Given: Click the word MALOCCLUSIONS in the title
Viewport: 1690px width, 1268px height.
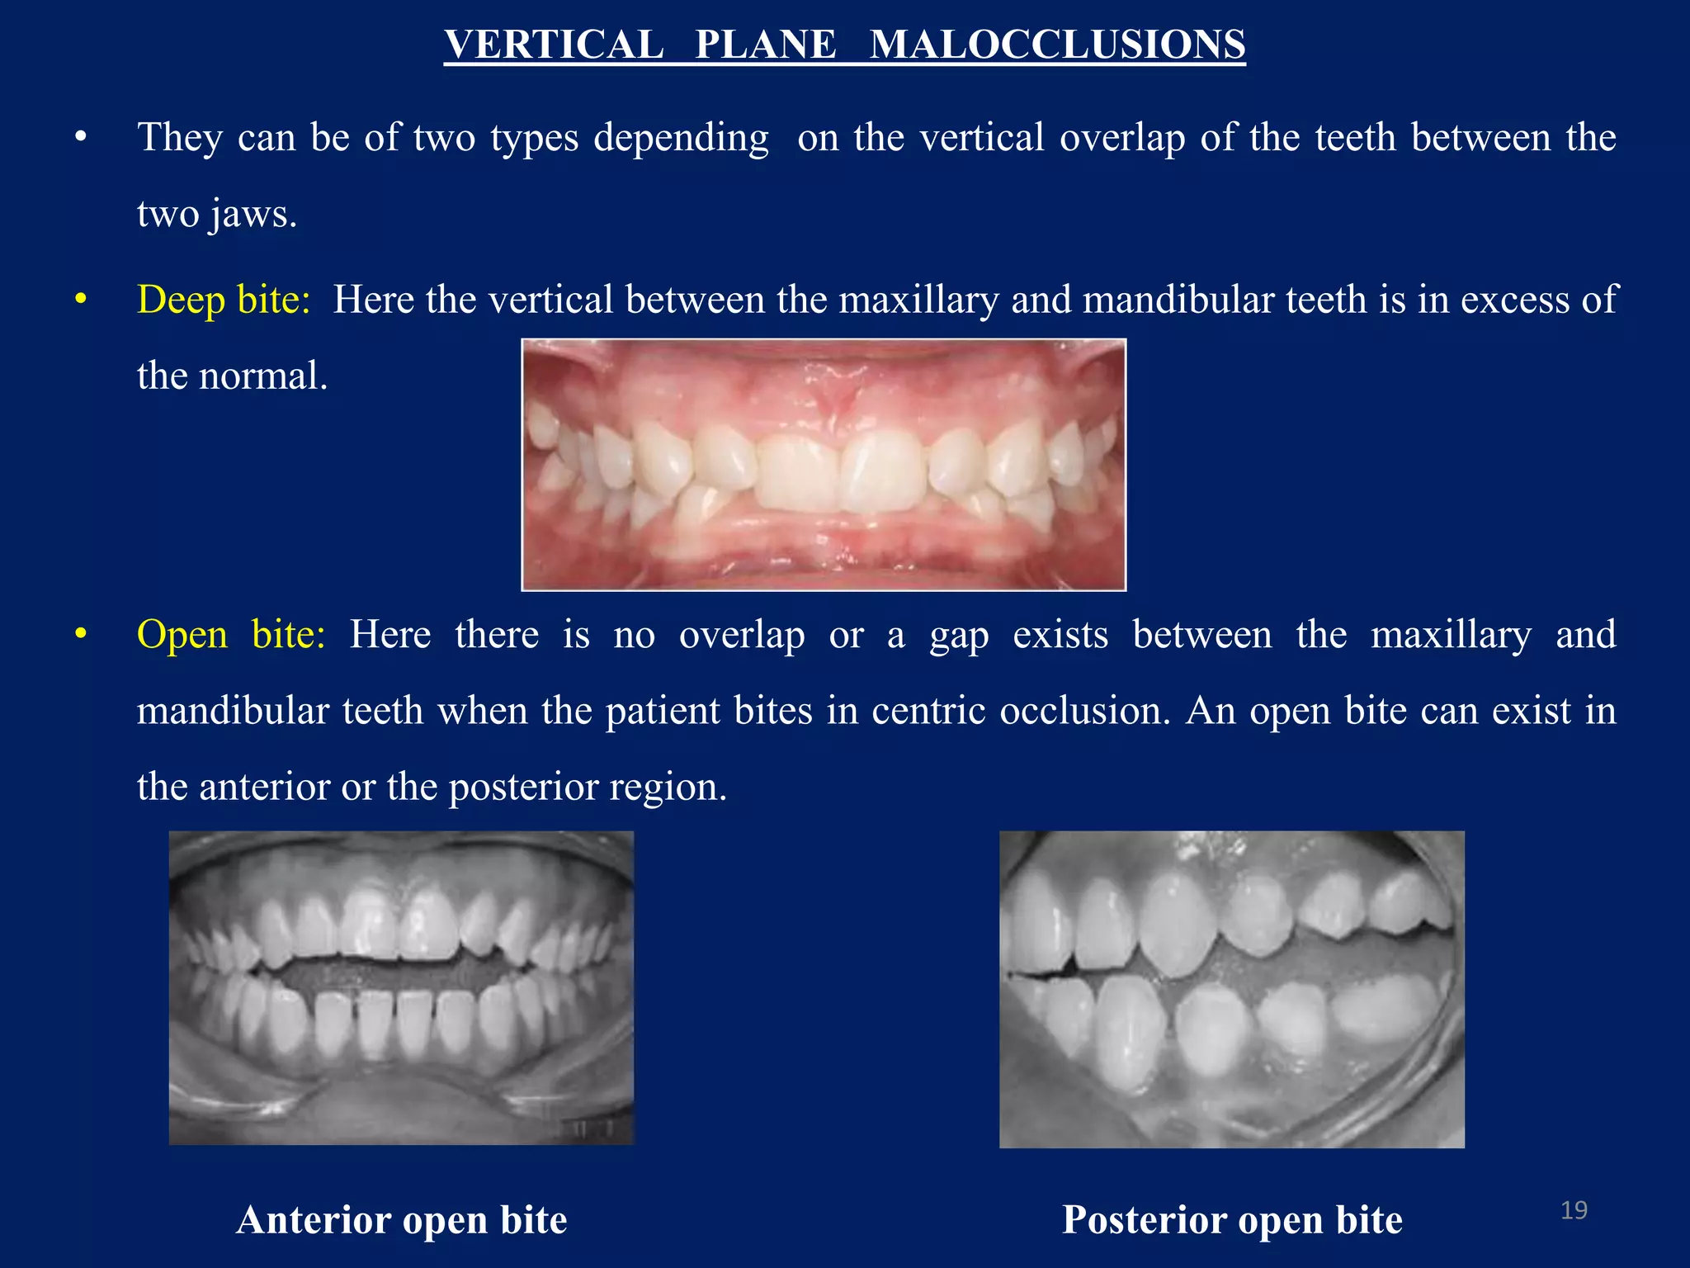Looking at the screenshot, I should point(1057,44).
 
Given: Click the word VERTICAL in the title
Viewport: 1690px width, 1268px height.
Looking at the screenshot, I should point(554,44).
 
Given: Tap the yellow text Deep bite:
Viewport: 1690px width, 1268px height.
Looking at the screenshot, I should point(224,300).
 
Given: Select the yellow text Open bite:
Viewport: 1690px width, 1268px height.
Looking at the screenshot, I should point(231,635).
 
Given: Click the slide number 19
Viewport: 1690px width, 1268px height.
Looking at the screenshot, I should point(1574,1210).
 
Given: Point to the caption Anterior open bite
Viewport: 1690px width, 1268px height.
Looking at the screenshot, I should point(402,1220).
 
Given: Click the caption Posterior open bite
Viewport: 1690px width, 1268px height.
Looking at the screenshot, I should point(1232,1220).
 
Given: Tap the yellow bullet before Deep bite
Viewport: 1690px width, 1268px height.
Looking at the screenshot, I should point(80,300).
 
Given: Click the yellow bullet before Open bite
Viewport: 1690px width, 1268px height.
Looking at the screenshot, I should point(80,635).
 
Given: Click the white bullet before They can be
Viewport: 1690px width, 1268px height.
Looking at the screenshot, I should point(80,138).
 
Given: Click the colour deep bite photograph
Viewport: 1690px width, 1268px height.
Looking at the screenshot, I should point(824,465).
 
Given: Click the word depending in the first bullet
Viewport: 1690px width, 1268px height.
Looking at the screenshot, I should point(681,138).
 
